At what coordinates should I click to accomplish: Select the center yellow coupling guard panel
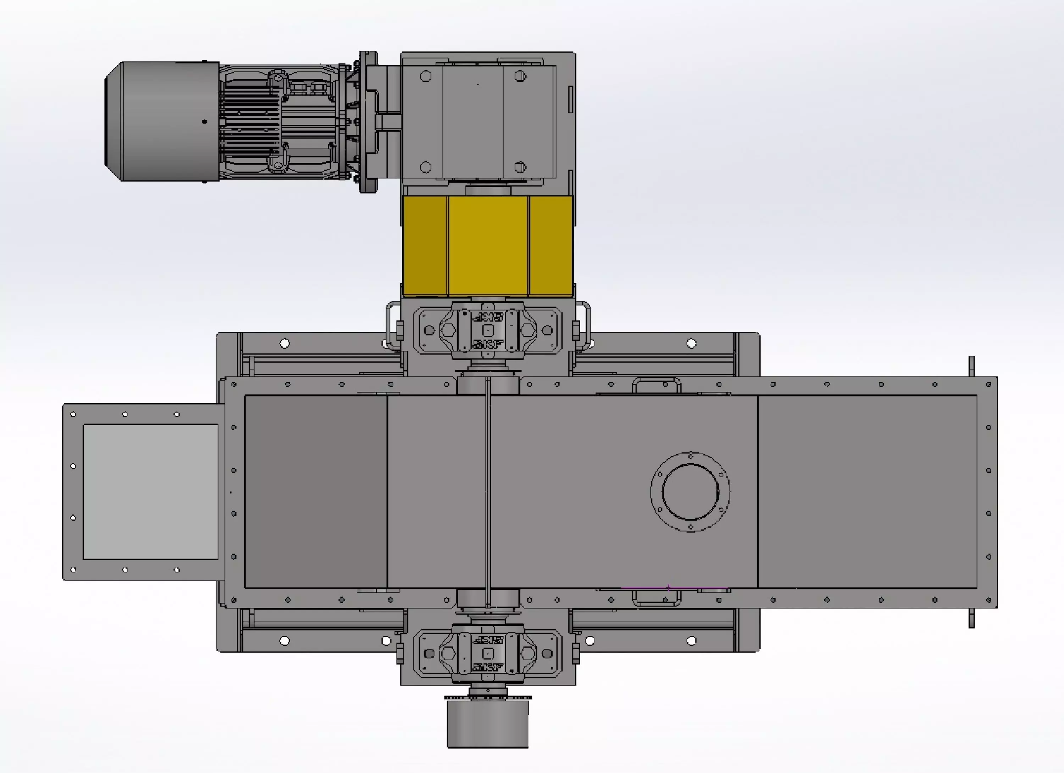click(488, 246)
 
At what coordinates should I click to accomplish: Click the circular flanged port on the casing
click(690, 491)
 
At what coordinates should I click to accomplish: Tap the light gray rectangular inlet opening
click(150, 491)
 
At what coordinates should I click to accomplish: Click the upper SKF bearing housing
click(488, 330)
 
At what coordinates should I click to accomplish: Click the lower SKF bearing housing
click(488, 653)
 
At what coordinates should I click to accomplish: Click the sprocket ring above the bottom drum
click(488, 697)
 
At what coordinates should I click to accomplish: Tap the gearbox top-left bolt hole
click(426, 76)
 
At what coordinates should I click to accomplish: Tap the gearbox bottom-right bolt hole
click(520, 167)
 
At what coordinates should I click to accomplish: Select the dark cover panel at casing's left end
click(315, 491)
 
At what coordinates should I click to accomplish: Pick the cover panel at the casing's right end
click(867, 491)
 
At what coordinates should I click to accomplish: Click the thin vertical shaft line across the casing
click(488, 491)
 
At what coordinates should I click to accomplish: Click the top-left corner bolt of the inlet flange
click(73, 414)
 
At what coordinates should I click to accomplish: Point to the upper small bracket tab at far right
click(971, 366)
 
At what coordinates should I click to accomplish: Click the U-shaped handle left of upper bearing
click(390, 324)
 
